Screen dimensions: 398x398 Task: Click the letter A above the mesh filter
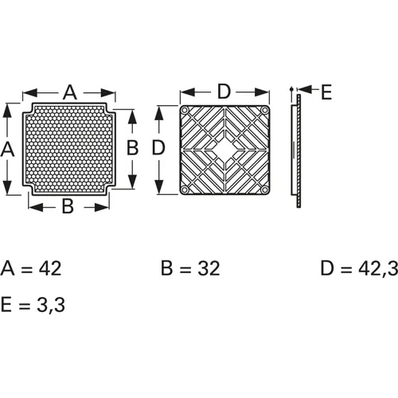pos(69,93)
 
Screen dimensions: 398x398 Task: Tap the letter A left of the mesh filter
pos(8,149)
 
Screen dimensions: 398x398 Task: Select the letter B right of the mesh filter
pos(133,149)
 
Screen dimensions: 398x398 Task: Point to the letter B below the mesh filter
pos(68,207)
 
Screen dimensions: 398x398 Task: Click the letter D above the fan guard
pos(224,92)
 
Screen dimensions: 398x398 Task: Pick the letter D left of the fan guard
pos(158,149)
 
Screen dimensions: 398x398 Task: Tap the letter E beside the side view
pos(326,92)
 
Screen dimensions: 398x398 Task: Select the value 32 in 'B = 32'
pos(205,268)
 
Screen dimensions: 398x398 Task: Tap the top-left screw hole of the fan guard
pos(185,110)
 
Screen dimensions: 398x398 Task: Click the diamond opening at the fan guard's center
pos(224,149)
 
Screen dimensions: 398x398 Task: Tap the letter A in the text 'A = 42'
pos(8,268)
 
